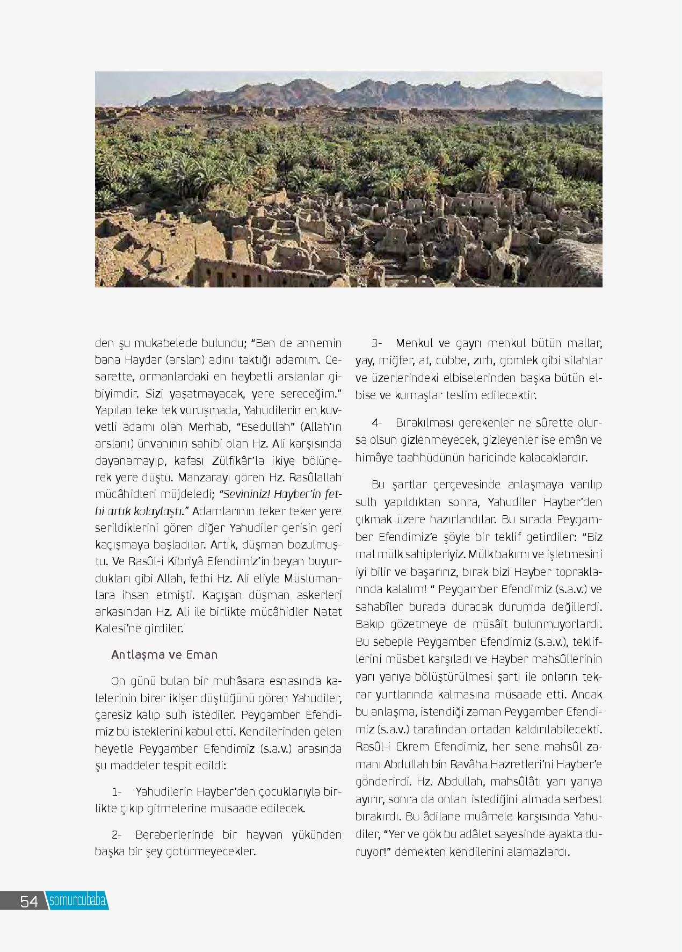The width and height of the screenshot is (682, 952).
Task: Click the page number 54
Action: (29, 901)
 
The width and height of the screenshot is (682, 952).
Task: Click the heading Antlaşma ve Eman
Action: (164, 654)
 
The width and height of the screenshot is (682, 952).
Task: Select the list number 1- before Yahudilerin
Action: (117, 792)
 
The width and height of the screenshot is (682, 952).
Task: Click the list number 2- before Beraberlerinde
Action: (117, 834)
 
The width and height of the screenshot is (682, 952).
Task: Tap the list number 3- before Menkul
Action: (376, 343)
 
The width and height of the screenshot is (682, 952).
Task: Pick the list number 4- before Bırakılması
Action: (376, 422)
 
